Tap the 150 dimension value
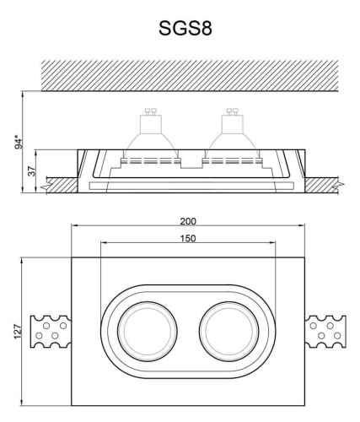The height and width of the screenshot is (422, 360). point(188,238)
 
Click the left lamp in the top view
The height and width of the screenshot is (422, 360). point(138,330)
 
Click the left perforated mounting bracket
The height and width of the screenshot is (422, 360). point(51,330)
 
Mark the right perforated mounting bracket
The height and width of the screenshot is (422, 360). point(325,330)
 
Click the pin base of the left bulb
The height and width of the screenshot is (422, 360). point(152,111)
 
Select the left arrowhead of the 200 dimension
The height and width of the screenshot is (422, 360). point(74,225)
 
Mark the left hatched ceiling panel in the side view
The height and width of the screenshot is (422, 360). point(62,182)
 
